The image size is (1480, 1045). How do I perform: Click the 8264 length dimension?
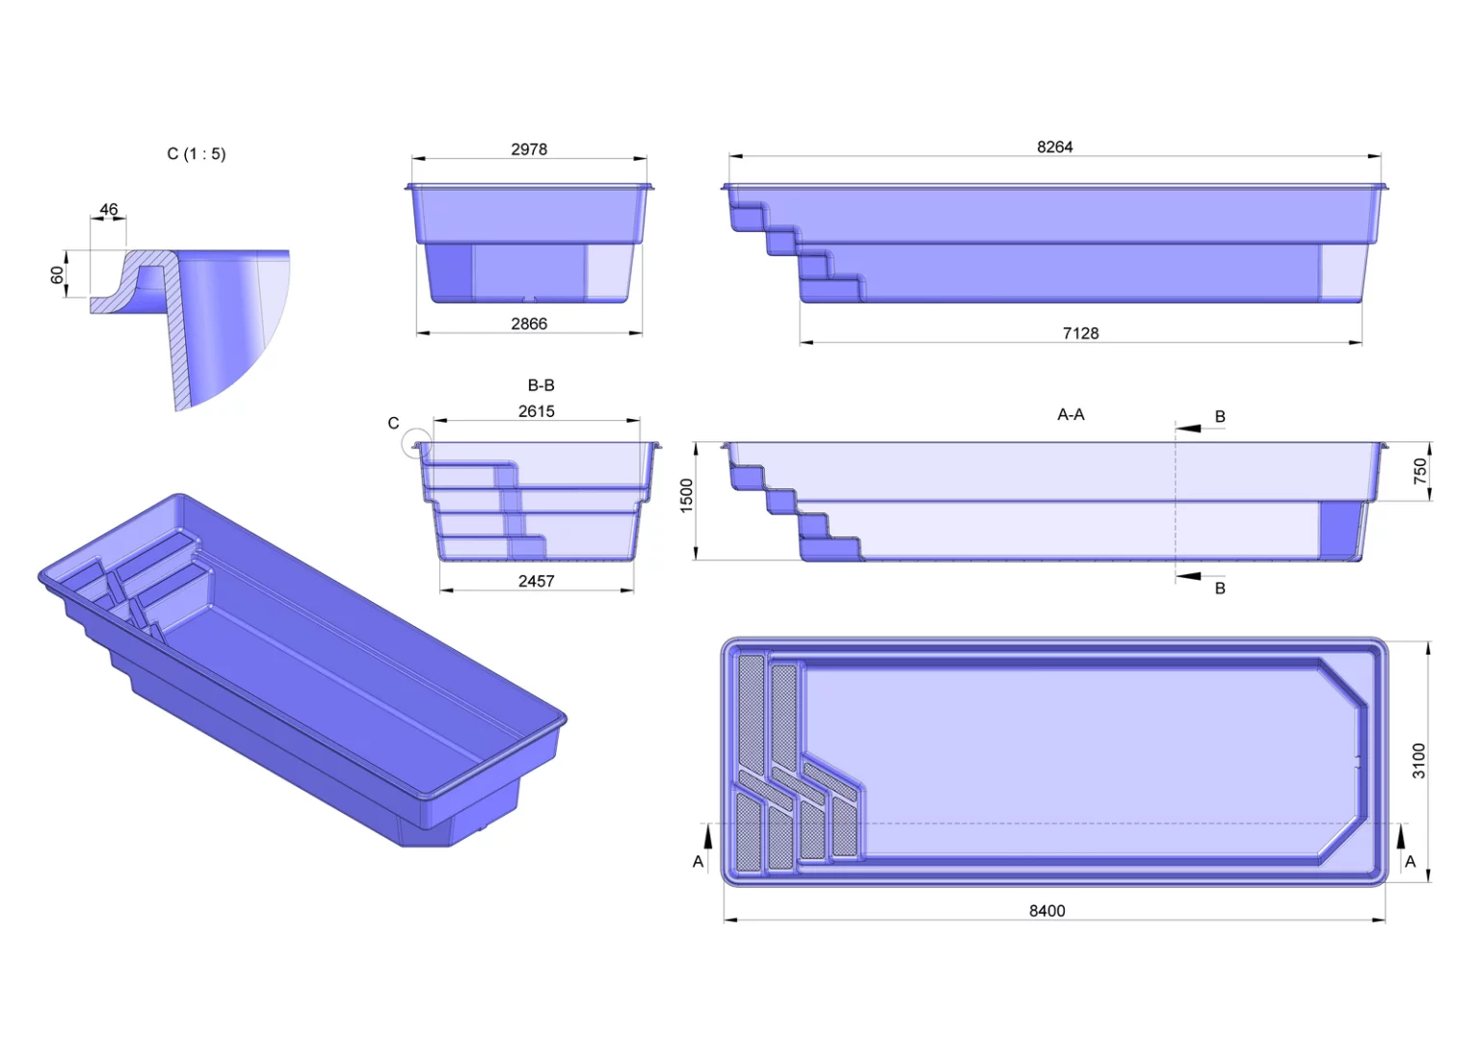[x=1054, y=146]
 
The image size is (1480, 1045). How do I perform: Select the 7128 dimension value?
[x=1080, y=333]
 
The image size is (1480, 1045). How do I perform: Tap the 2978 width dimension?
[x=529, y=149]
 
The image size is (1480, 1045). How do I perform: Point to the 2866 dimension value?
[x=529, y=324]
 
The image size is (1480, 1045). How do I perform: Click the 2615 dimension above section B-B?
[x=536, y=411]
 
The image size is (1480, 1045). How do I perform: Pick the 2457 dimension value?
[x=536, y=582]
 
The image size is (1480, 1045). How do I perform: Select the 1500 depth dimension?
[x=686, y=495]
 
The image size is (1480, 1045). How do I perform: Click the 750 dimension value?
[x=1420, y=471]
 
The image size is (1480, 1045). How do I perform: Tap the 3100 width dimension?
[x=1418, y=761]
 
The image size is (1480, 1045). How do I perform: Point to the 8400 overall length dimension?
[x=1047, y=911]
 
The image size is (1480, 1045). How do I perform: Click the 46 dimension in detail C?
[x=108, y=209]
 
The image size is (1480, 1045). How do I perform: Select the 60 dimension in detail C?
[x=58, y=274]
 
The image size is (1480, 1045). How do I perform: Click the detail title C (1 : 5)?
[x=197, y=154]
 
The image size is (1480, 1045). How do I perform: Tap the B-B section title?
[x=541, y=385]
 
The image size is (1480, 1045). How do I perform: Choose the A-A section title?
[x=1070, y=414]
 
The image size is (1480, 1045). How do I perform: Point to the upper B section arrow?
[x=1188, y=429]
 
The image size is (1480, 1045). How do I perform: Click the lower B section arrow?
[x=1188, y=576]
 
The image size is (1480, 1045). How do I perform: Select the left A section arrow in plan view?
[x=708, y=835]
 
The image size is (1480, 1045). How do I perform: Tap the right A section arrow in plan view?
[x=1401, y=835]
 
